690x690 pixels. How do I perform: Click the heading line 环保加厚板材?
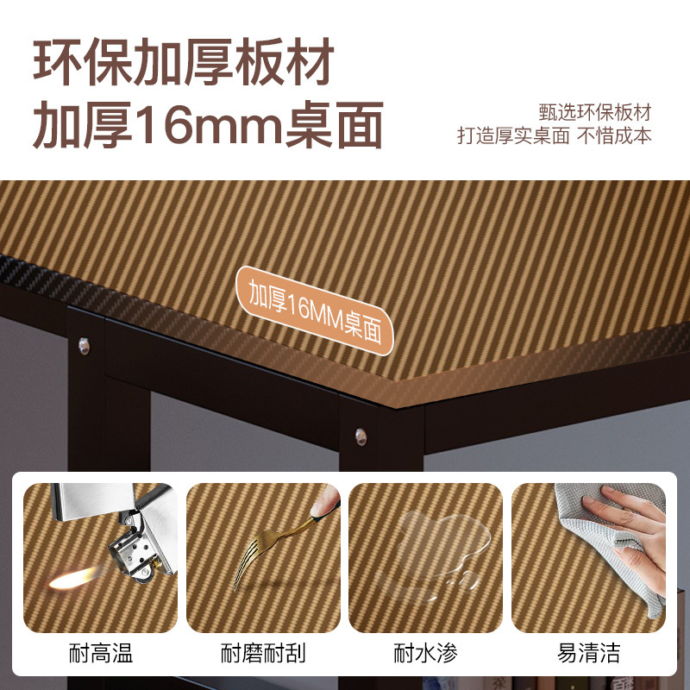pos(184,61)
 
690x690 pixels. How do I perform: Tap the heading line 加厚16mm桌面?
pos(208,124)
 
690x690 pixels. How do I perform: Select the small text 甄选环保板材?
pos(595,113)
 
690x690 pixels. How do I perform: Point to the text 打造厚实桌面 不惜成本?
pos(555,135)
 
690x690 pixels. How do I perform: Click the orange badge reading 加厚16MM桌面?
pos(315,310)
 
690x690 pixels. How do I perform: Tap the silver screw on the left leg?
pos(84,346)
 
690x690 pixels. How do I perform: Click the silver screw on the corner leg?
pos(361,436)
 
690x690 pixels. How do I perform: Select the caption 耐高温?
pos(101,653)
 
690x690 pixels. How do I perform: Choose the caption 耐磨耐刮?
pos(263,653)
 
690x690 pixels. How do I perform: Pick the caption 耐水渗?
pos(425,653)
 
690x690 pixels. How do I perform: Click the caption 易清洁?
pos(588,653)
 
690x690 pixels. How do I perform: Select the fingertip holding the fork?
pos(326,502)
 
